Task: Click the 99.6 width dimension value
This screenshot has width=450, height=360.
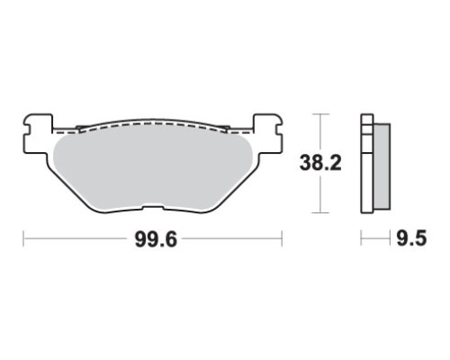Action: coord(156,239)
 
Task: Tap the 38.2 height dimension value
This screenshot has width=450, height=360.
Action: coord(320,164)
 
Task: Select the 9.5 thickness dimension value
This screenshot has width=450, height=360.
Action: coord(411,238)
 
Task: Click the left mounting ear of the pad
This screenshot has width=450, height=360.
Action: coord(38,134)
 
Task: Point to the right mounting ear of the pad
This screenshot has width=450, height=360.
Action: coord(268,134)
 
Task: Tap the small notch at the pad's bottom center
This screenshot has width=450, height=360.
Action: coord(153,208)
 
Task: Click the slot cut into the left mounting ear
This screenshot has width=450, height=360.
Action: coord(27,130)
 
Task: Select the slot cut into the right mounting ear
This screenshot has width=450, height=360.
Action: coord(279,130)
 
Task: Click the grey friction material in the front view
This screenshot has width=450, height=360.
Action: coord(152,168)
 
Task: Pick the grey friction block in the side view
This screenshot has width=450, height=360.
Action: coord(382,166)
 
